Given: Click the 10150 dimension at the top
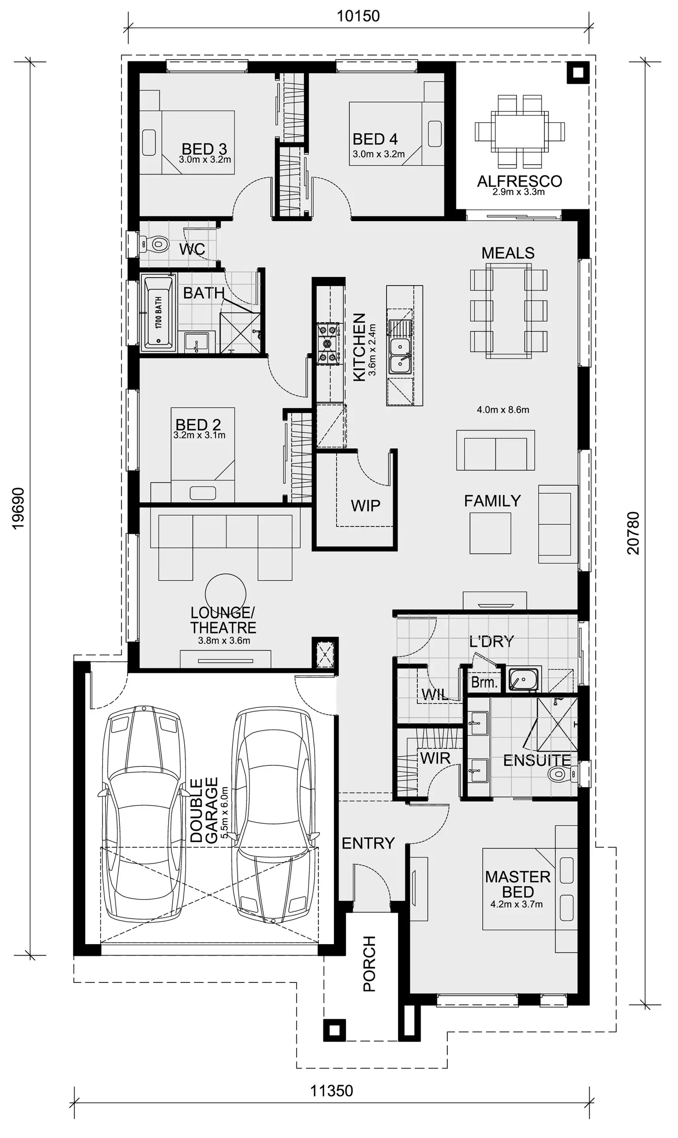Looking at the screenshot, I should (358, 16).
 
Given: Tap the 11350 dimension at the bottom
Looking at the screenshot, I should (331, 1091).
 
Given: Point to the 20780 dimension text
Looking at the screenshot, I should (633, 533).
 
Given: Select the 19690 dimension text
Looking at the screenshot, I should (18, 508).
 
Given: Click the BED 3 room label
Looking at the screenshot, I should (204, 149).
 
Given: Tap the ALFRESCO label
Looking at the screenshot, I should (519, 181).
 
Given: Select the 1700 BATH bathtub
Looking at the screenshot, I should (158, 312).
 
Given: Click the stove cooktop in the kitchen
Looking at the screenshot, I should (329, 344).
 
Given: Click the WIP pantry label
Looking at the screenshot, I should (365, 506).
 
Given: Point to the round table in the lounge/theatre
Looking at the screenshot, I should (225, 594).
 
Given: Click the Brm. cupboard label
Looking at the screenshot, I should (484, 682).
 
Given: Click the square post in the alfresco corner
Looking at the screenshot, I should (578, 72).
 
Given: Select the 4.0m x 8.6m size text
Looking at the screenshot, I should (503, 409).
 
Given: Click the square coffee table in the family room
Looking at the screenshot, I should (490, 533).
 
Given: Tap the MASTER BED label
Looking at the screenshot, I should (517, 884).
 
